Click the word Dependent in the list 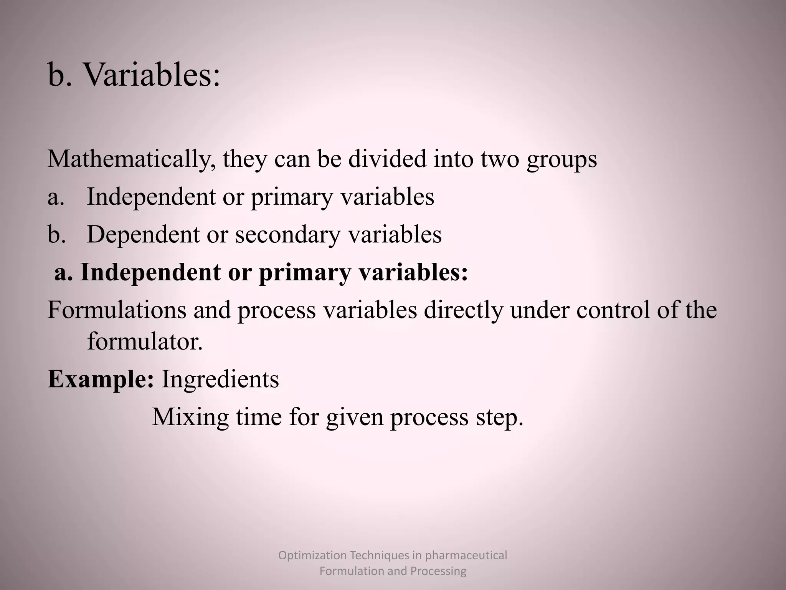[143, 234]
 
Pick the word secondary [287, 234]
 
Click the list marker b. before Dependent [57, 234]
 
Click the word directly [463, 310]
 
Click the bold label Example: [101, 380]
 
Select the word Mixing [190, 417]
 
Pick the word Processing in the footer [438, 571]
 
